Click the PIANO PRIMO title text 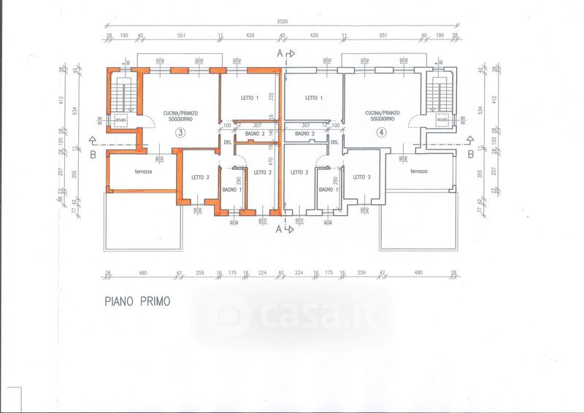pyautogui.click(x=137, y=301)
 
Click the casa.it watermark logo pyautogui.click(x=292, y=315)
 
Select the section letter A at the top pyautogui.click(x=278, y=54)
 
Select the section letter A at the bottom pyautogui.click(x=278, y=228)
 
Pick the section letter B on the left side pyautogui.click(x=92, y=154)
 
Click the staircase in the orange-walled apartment pyautogui.click(x=121, y=94)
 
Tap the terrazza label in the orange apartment pyautogui.click(x=143, y=171)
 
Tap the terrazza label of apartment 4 pyautogui.click(x=418, y=171)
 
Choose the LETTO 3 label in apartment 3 pyautogui.click(x=201, y=177)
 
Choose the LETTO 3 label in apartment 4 pyautogui.click(x=361, y=177)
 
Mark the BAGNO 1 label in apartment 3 pyautogui.click(x=231, y=190)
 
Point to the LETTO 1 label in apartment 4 pyautogui.click(x=313, y=98)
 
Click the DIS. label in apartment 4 pyautogui.click(x=334, y=142)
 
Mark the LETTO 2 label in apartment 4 pyautogui.click(x=300, y=172)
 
